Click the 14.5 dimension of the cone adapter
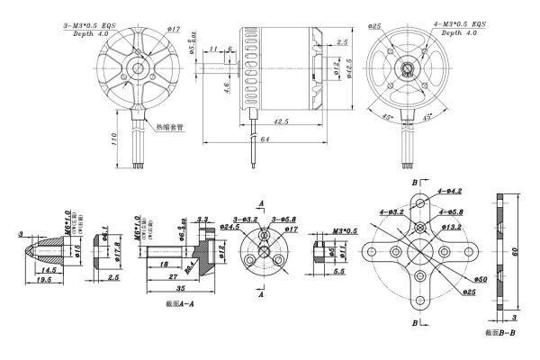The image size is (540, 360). click(x=48, y=269)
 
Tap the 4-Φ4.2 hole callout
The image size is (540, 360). click(x=448, y=191)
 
